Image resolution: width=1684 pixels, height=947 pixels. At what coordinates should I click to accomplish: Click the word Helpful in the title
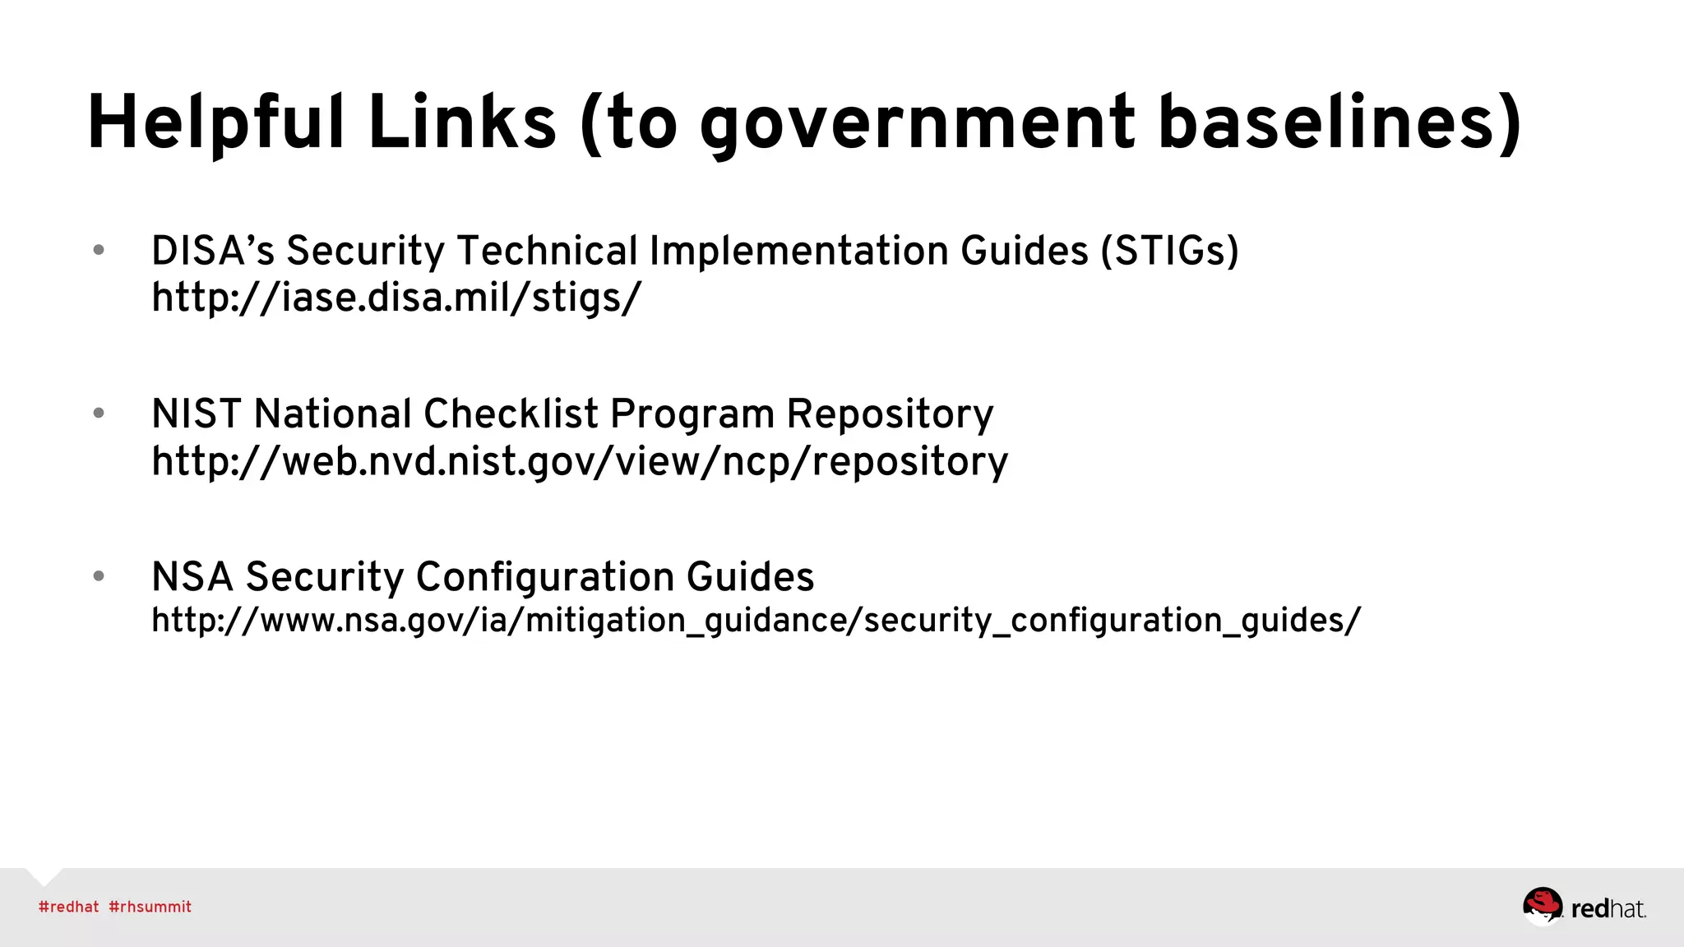tap(215, 123)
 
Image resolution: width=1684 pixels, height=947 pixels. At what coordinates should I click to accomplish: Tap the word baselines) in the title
tap(1339, 123)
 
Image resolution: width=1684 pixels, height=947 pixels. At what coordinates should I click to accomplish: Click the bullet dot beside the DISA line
tap(99, 250)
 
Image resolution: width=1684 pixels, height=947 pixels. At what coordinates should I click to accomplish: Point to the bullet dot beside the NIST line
tap(99, 413)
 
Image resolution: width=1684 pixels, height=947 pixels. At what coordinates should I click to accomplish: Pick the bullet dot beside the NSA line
tap(99, 575)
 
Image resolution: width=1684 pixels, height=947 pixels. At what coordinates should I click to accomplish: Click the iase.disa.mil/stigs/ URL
tap(396, 298)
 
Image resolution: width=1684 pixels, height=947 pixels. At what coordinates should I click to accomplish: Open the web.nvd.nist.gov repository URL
tap(580, 461)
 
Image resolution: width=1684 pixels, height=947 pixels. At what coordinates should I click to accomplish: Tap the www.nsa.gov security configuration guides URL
tap(756, 621)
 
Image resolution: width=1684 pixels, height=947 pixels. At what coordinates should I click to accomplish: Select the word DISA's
tap(213, 251)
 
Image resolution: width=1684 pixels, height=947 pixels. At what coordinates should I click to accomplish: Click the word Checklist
tap(510, 413)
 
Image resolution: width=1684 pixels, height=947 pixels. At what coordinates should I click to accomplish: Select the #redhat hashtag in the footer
tap(69, 907)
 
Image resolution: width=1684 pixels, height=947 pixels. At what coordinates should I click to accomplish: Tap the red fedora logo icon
tap(1542, 906)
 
